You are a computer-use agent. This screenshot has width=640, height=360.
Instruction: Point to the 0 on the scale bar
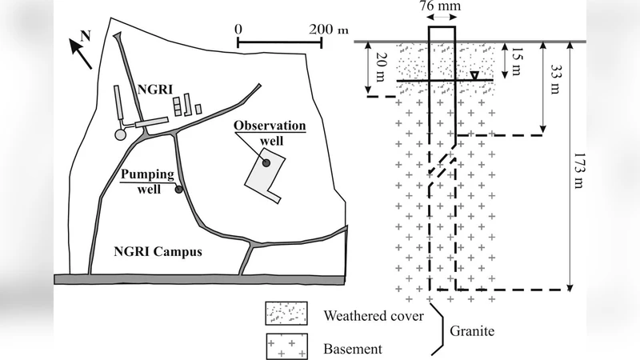click(x=238, y=28)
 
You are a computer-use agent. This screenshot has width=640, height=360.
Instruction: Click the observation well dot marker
click(x=266, y=162)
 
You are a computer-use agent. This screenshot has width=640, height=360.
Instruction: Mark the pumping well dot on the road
click(x=179, y=190)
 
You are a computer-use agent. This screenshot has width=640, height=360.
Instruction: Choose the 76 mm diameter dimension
click(x=442, y=10)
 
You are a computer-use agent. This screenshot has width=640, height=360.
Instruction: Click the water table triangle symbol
click(x=474, y=76)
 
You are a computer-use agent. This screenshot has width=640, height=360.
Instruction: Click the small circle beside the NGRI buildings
click(x=122, y=134)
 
